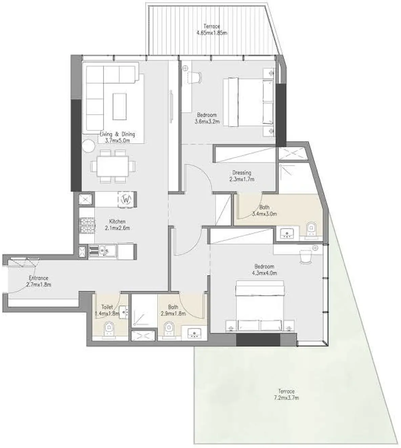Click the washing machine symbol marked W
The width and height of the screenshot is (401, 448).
(x=126, y=199)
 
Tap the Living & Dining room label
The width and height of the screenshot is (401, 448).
(x=117, y=134)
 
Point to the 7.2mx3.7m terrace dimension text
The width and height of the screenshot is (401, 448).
(x=286, y=398)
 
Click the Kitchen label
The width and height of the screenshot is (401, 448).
(x=117, y=221)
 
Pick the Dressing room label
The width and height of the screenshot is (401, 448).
(x=241, y=173)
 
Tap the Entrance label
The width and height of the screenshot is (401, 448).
(x=38, y=278)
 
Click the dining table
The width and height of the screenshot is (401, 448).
(x=112, y=166)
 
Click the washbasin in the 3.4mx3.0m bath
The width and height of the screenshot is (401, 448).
(x=289, y=233)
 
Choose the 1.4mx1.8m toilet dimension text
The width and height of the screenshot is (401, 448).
(x=107, y=313)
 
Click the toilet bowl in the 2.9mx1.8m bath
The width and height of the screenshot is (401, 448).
(x=168, y=329)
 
